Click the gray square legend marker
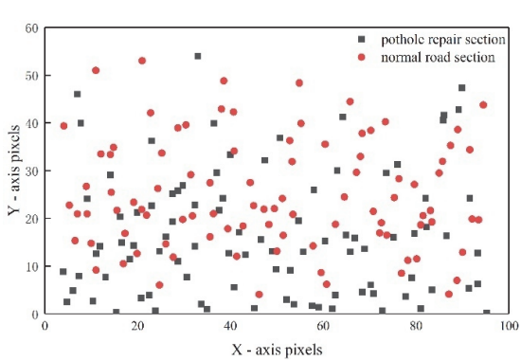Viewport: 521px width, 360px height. [x=362, y=39]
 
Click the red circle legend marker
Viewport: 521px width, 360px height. [x=362, y=57]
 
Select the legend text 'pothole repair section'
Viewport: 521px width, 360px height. [x=443, y=40]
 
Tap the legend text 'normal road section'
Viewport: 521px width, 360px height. [x=438, y=57]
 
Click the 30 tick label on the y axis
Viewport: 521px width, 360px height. [x=32, y=171]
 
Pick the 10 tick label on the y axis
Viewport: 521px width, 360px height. [x=32, y=266]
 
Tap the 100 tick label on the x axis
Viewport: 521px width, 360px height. [x=509, y=326]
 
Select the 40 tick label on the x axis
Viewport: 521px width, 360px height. [x=230, y=326]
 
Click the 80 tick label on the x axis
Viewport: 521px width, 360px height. [x=416, y=326]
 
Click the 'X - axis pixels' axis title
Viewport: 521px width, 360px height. [x=277, y=350]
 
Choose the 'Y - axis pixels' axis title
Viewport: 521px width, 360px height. [x=14, y=171]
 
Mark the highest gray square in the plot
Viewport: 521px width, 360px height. [x=198, y=56]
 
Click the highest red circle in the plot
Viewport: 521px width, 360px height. [x=142, y=61]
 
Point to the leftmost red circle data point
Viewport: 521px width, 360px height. [x=63, y=126]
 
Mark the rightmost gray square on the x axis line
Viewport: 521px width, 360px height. [x=487, y=313]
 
